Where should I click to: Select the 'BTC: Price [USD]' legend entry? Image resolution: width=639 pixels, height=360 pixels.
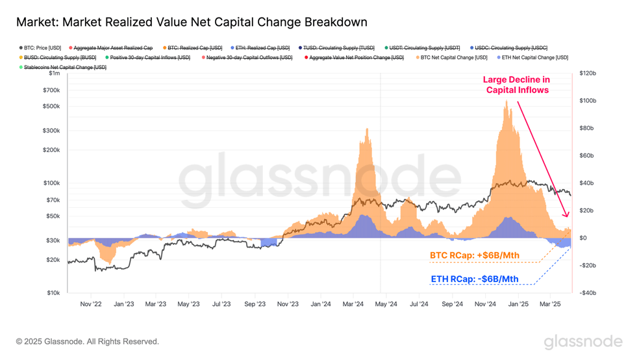coord(40,47)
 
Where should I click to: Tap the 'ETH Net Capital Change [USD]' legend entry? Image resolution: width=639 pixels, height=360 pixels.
coord(532,57)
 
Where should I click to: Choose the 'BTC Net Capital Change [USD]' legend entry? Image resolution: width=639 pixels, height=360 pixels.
coord(451,57)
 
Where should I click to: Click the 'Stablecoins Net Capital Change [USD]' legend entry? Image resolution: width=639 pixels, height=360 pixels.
coord(63,68)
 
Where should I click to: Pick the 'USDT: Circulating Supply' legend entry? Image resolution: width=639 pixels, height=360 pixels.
coord(422,47)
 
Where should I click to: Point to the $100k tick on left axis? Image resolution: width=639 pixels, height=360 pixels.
coord(52,183)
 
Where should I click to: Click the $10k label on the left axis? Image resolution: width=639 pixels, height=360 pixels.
coord(53,292)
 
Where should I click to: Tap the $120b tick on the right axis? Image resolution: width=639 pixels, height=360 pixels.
coord(588,73)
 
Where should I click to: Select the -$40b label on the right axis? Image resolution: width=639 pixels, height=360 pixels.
coord(588,292)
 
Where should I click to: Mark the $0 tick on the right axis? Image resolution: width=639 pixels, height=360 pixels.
coord(583,238)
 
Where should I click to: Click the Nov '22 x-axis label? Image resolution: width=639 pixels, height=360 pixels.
coord(91,304)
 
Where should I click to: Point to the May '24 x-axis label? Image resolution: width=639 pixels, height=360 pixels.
coord(386,304)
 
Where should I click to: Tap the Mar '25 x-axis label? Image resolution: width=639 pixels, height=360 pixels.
coord(550,304)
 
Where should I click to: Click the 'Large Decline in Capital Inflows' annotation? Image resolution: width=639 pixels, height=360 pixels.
coord(517,85)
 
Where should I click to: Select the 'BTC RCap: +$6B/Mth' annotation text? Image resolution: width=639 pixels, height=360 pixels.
coord(475,255)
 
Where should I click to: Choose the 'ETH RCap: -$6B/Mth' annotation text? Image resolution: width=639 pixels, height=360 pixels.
coord(475,279)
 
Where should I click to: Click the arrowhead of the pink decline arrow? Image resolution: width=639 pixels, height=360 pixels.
coord(566,214)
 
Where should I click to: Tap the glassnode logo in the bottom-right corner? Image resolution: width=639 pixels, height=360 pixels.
coord(583,342)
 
